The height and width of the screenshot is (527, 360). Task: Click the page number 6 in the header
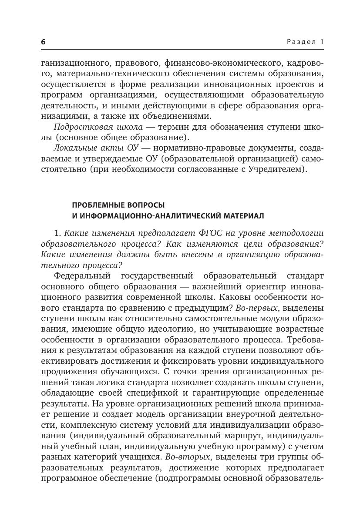[43, 42]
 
